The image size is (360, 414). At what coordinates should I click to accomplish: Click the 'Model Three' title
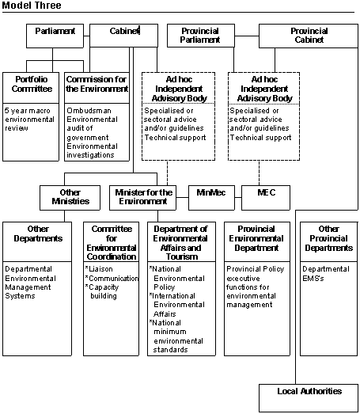point(32,6)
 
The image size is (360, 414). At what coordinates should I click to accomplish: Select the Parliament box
point(55,36)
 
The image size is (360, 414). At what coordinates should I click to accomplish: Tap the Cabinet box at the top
point(123,36)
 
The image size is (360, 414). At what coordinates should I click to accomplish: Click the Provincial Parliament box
point(201,36)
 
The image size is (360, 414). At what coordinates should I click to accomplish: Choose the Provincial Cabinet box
point(309,36)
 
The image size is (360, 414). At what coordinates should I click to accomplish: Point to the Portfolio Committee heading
point(32,84)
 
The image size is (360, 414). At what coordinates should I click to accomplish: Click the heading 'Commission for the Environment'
point(97,84)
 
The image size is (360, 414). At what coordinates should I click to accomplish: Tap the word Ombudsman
point(89,110)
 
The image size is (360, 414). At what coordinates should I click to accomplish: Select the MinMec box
point(211,198)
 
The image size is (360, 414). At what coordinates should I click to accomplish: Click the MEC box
point(266,198)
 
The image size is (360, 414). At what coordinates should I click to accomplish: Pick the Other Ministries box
point(70,198)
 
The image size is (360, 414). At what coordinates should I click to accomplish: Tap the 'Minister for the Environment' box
point(142,198)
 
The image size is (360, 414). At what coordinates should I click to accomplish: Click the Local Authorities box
point(309,398)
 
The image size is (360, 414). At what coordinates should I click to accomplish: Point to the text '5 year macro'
point(28,111)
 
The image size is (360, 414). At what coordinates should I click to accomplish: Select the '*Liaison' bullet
point(99,269)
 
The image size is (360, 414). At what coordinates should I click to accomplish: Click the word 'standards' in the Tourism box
point(170,350)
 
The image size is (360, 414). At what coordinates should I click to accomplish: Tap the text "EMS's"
point(313,279)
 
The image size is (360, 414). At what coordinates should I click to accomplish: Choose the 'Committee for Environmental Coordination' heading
point(112,243)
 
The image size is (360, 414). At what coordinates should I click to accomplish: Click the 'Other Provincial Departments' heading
point(329,238)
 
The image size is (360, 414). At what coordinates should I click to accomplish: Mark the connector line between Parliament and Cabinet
point(87,36)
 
